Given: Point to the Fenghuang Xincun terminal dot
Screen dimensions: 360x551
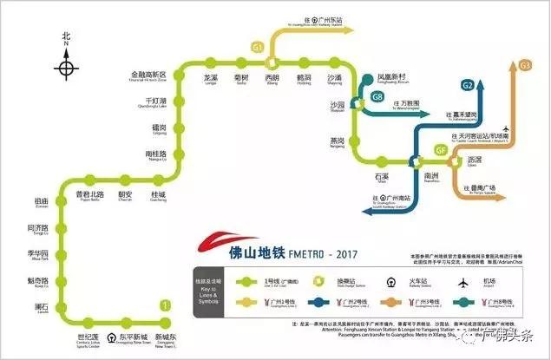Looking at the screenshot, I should tap(368, 76).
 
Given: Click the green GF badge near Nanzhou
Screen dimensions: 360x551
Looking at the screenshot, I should tap(441, 150).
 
